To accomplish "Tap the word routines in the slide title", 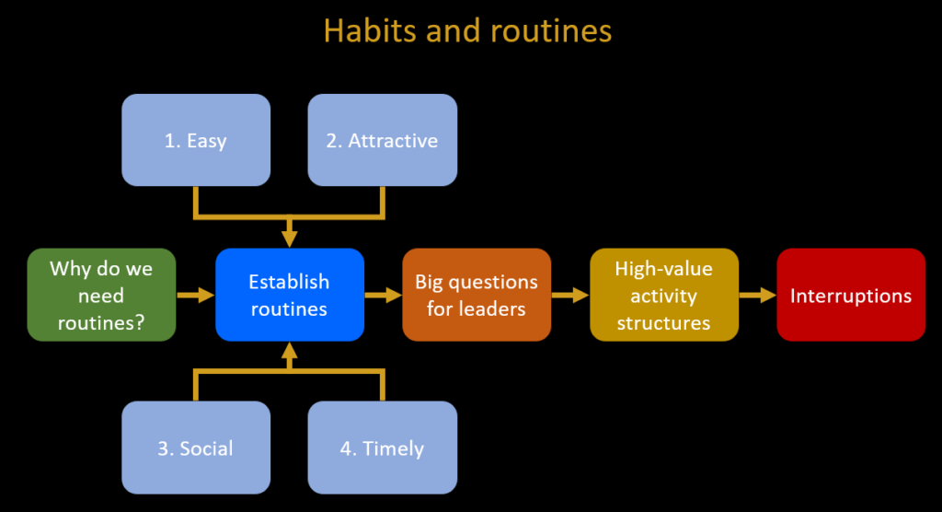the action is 551,31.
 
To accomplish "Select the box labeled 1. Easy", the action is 196,140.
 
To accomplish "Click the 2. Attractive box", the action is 382,140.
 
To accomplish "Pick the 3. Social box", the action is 196,448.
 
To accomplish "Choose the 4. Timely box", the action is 382,448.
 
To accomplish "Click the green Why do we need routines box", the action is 101,295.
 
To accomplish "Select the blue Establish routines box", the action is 290,295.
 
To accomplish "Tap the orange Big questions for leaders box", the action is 477,295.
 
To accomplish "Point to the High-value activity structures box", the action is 664,295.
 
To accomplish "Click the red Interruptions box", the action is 851,295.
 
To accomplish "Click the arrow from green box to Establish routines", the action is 196,295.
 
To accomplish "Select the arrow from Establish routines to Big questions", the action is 384,295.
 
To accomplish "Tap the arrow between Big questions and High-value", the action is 570,295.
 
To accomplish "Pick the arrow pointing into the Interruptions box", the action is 758,295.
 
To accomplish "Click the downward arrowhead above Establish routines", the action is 290,239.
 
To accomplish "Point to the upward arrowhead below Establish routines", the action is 290,351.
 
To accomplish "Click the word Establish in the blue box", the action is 289,282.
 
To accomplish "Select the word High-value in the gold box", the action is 664,269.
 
